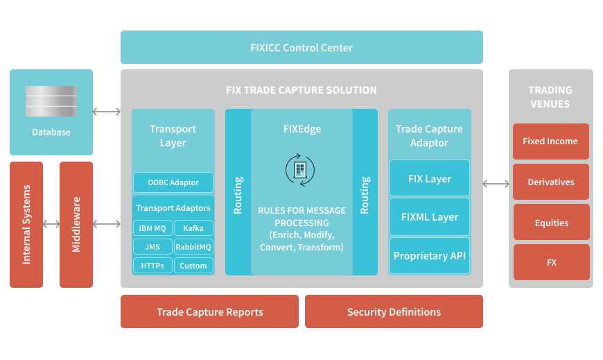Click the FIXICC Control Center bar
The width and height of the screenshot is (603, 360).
[x=301, y=48]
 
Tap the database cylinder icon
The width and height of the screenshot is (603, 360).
[x=51, y=101]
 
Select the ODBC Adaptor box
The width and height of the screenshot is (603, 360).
[x=173, y=183]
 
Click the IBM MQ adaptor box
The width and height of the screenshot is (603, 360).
[x=152, y=228]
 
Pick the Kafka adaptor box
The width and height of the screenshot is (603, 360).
[x=193, y=228]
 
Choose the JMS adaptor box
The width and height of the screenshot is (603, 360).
[x=152, y=246]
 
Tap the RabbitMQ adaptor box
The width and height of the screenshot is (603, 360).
[x=193, y=246]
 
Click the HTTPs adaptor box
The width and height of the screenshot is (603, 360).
[x=152, y=265]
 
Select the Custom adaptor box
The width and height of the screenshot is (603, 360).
[x=193, y=265]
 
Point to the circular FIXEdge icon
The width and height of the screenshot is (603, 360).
[x=301, y=169]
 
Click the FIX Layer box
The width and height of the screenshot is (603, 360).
[x=430, y=179]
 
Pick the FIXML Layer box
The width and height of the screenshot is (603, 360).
[x=430, y=217]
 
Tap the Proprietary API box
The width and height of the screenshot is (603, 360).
[x=430, y=256]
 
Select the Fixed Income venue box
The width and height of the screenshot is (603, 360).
[x=551, y=142]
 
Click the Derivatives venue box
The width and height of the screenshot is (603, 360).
[x=551, y=182]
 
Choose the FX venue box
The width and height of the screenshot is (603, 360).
[x=551, y=262]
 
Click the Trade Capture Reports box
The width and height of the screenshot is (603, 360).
[x=209, y=311]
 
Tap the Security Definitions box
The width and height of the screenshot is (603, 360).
[x=394, y=311]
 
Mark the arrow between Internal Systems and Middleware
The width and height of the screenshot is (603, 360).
[x=51, y=224]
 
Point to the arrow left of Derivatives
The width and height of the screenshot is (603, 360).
[x=496, y=184]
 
